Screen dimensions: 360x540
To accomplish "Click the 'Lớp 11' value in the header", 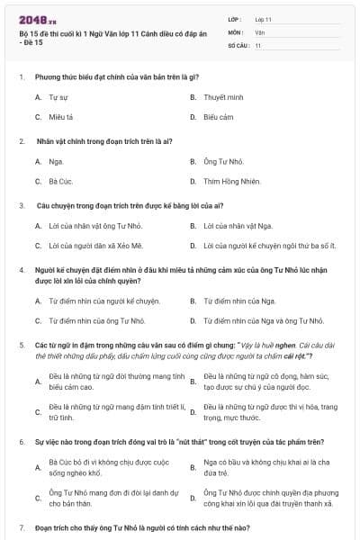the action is [264, 19].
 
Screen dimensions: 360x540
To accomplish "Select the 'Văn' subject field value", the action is [260, 31].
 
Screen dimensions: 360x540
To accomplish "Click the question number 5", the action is [21, 346].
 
